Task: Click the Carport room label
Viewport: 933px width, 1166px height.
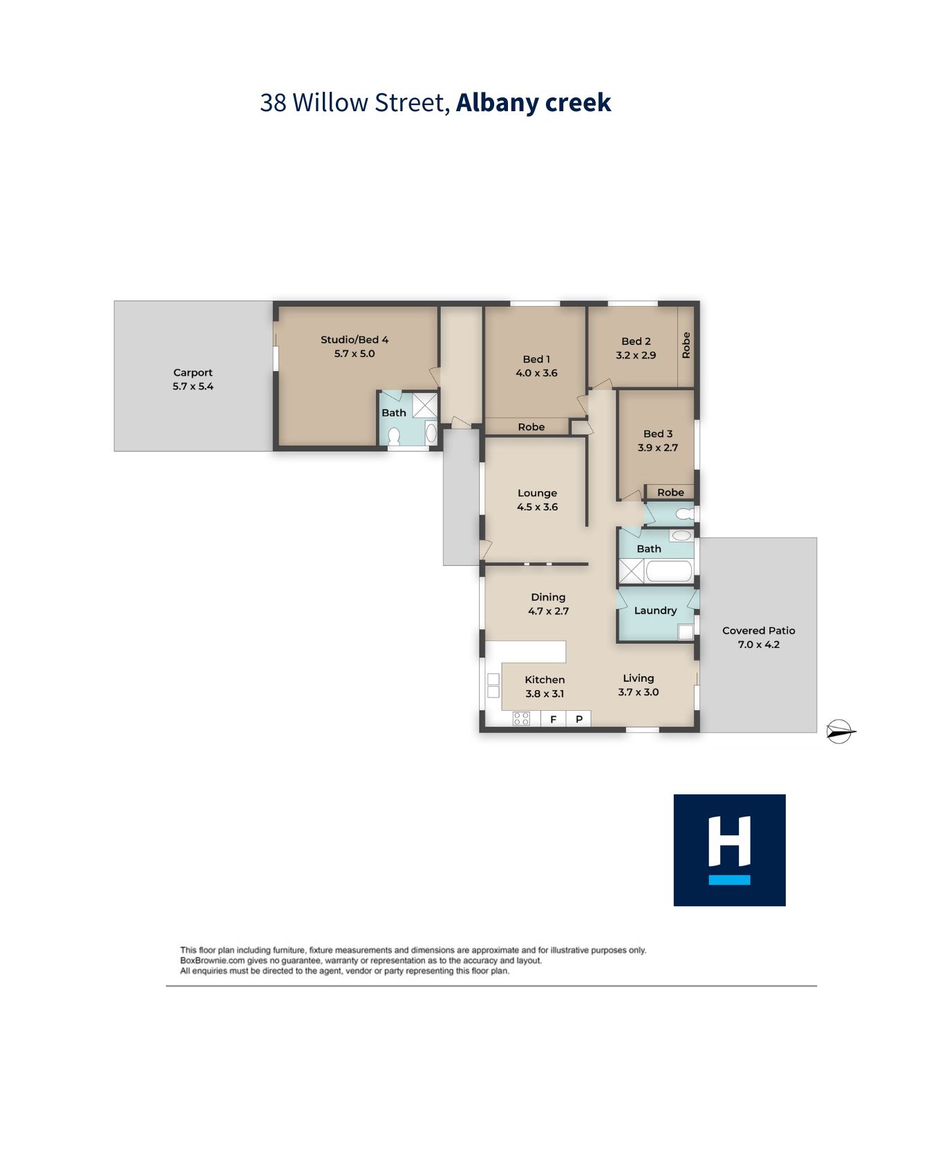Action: coord(193,372)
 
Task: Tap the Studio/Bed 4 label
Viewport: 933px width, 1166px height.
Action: coord(355,340)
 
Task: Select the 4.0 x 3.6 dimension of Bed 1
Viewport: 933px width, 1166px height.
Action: coord(536,373)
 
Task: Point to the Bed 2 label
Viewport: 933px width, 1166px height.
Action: coord(636,341)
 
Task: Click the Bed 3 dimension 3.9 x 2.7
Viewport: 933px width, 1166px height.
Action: coord(658,448)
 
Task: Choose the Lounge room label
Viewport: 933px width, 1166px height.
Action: coord(537,493)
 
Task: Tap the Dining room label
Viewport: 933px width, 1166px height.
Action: coord(548,598)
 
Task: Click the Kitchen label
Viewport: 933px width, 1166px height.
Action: coord(545,680)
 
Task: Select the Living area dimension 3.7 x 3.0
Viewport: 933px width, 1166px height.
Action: coord(639,692)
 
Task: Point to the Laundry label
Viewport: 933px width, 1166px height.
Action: coord(655,611)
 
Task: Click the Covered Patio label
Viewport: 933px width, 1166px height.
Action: coord(759,631)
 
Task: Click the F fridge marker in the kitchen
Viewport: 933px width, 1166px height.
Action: coord(554,719)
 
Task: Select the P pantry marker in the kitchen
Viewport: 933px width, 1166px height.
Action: coord(579,719)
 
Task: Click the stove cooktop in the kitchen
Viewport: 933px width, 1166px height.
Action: coord(522,719)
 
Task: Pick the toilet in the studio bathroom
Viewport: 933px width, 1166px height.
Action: coord(395,436)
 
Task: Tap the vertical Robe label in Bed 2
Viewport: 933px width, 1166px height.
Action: coord(686,345)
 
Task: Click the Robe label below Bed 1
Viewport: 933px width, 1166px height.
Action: coord(531,427)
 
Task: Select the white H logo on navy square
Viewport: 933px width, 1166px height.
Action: coord(730,842)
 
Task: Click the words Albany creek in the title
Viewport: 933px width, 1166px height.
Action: coord(534,102)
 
